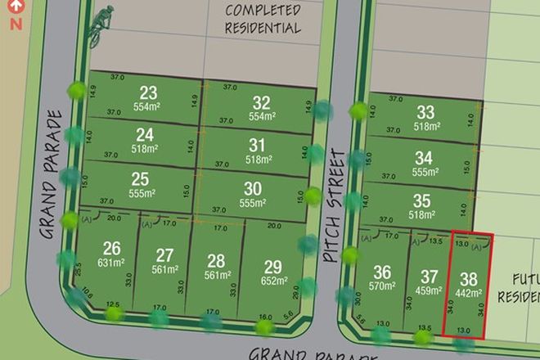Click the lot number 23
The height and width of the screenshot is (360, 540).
coord(148,92)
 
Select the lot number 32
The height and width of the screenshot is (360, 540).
coord(261,102)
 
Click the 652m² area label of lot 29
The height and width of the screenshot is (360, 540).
coord(274,281)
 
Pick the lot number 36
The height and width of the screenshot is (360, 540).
coord(381,272)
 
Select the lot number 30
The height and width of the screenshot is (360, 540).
coord(253,187)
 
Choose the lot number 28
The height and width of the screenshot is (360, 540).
coord(216,260)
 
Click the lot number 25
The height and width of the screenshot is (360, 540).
coord(140,178)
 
